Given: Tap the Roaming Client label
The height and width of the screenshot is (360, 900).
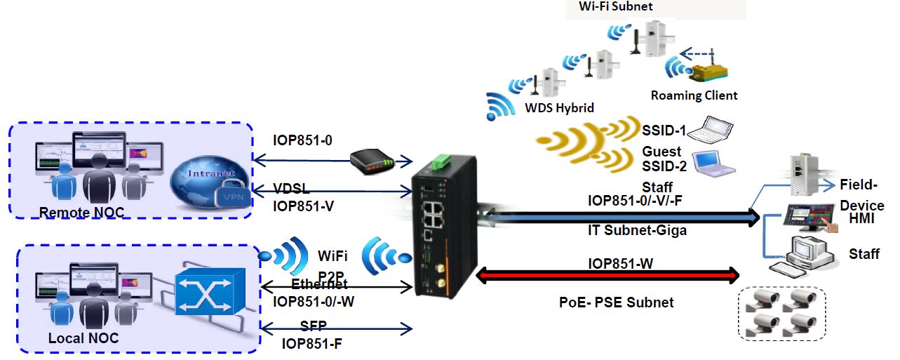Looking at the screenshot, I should tap(694, 95).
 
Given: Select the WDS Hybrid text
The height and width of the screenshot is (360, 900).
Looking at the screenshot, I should tap(560, 108).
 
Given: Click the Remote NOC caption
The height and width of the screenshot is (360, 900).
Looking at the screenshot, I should tap(74, 212).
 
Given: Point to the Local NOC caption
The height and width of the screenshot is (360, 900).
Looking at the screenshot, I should tap(83, 338).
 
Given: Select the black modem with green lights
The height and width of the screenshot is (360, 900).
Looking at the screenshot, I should tap(372, 162).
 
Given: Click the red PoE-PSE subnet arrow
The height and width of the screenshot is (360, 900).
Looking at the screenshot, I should tap(607, 274).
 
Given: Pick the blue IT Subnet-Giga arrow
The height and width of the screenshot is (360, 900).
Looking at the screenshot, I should tap(621, 218).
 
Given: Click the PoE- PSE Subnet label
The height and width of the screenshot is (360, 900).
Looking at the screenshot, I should tap(616, 302).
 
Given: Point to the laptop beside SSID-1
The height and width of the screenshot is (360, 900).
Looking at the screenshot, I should tap(710, 131).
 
